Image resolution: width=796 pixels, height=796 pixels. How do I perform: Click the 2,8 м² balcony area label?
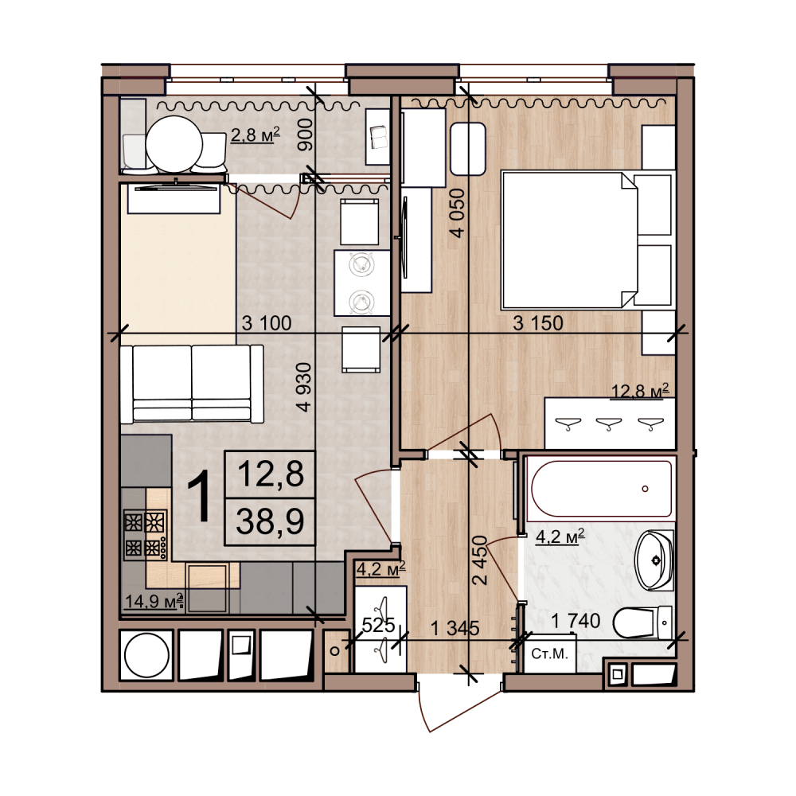[256, 135]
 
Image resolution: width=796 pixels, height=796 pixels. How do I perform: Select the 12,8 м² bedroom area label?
[640, 391]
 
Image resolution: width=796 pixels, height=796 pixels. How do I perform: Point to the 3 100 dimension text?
[267, 323]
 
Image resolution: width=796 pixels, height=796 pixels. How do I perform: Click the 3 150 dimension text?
[538, 323]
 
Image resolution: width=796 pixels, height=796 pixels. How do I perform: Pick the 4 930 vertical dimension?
[304, 387]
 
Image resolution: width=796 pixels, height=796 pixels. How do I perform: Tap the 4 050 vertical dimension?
[457, 213]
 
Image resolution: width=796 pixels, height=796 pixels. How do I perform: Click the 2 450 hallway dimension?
[480, 560]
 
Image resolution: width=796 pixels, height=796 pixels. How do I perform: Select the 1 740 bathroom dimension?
[576, 620]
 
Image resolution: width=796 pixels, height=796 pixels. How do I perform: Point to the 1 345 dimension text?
[455, 629]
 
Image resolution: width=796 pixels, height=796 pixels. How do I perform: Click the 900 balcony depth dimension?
[305, 135]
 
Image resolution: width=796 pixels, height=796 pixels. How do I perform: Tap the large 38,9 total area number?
[270, 521]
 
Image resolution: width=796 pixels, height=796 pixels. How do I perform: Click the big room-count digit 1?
[200, 496]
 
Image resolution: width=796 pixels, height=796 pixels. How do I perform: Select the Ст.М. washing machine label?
[549, 654]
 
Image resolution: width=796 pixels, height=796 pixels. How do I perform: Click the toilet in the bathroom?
[643, 622]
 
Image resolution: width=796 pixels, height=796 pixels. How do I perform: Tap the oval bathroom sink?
[655, 560]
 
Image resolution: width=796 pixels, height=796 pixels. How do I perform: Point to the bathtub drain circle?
[646, 489]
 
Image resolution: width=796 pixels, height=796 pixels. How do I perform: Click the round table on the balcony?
[174, 145]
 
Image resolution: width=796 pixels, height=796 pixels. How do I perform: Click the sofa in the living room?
[192, 384]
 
